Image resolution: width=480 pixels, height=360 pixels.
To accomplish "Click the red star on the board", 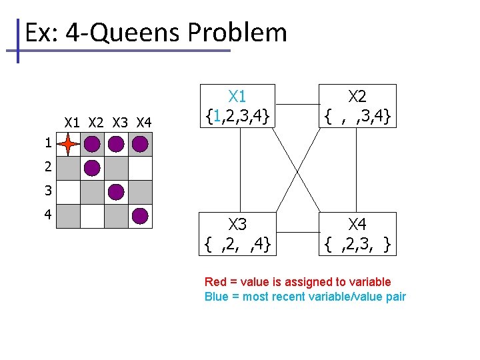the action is pyautogui.click(x=69, y=144).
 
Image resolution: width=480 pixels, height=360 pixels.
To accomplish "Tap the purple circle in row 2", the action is pyautogui.click(x=92, y=168).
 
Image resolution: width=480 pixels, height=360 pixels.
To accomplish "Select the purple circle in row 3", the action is pyautogui.click(x=116, y=192).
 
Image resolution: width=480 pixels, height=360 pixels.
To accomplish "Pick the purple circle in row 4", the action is pyautogui.click(x=140, y=216).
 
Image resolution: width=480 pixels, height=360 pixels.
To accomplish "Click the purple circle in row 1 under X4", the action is pyautogui.click(x=140, y=144).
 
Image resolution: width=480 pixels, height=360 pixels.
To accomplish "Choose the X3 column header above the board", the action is pyautogui.click(x=120, y=123).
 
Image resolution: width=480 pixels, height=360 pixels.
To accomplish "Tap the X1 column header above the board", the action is pyautogui.click(x=72, y=123).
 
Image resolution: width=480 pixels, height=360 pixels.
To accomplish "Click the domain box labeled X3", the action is pyautogui.click(x=238, y=234).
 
